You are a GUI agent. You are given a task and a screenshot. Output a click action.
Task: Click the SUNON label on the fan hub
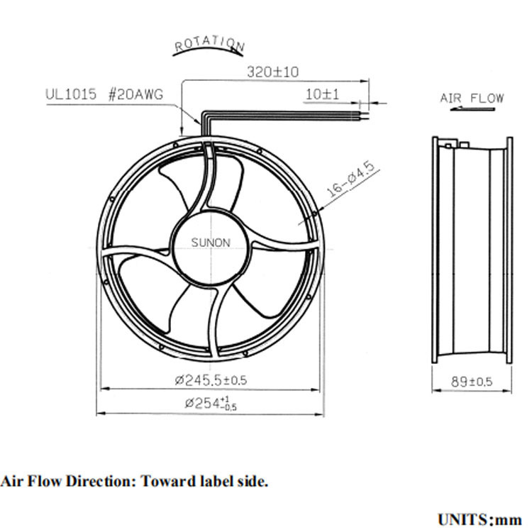pyautogui.click(x=211, y=243)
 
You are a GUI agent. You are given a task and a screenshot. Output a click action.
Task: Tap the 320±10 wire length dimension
pyautogui.click(x=273, y=72)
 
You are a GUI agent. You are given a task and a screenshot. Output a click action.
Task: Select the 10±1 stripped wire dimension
pyautogui.click(x=322, y=94)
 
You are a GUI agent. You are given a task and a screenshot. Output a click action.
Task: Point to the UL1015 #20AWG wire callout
pyautogui.click(x=104, y=94)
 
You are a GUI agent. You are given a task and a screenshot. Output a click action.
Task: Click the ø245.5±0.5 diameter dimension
pyautogui.click(x=211, y=380)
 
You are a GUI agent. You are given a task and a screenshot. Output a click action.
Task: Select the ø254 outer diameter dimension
pyautogui.click(x=211, y=403)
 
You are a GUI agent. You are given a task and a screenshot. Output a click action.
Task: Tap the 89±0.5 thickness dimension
pyautogui.click(x=472, y=382)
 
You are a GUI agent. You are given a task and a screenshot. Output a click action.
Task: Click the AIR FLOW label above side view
pyautogui.click(x=472, y=99)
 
